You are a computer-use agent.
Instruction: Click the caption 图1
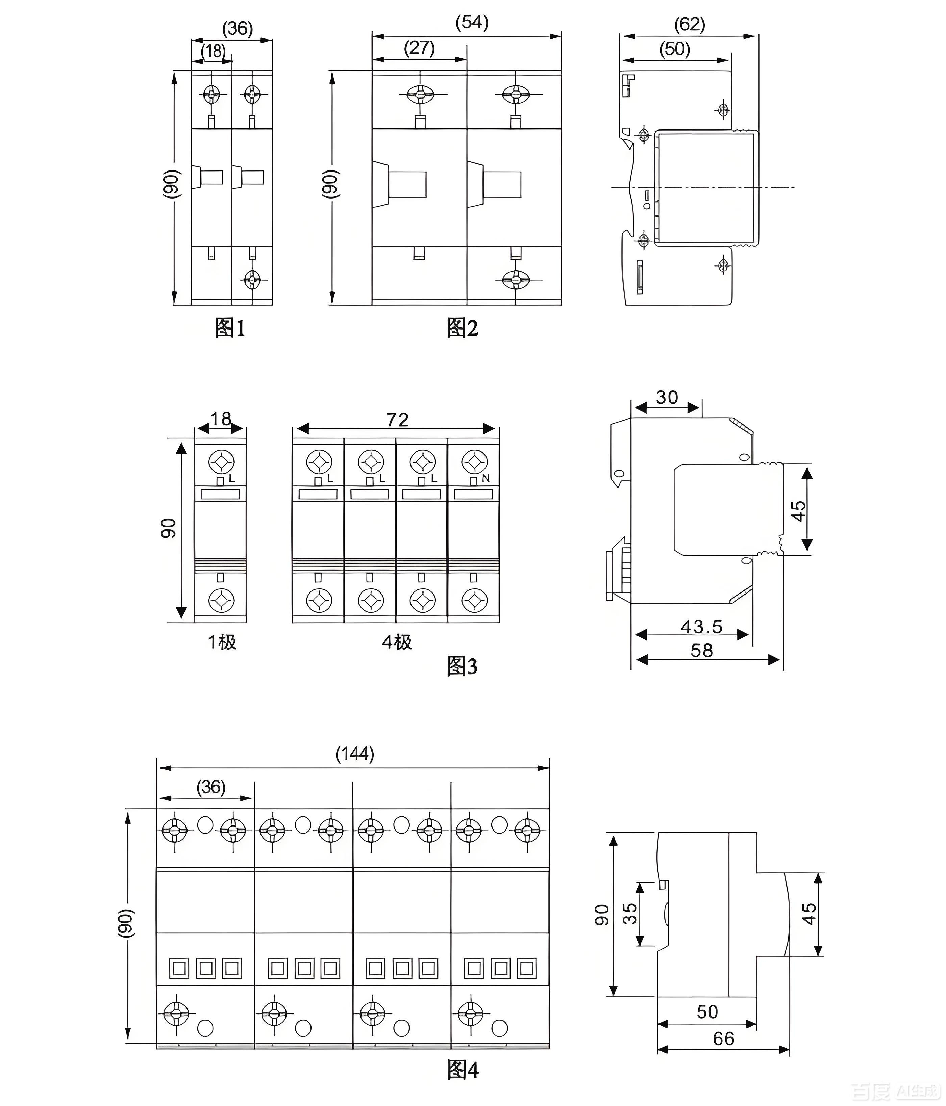(x=230, y=328)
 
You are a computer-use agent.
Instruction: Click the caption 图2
(x=462, y=328)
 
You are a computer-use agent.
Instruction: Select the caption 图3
(x=462, y=666)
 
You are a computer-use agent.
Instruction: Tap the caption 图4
(x=463, y=1070)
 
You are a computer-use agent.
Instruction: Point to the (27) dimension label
(x=419, y=48)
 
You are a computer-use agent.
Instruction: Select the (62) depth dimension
(x=690, y=24)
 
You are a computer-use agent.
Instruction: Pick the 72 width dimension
(x=397, y=420)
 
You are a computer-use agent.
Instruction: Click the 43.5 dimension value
(x=701, y=627)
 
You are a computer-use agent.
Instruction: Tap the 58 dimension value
(x=701, y=651)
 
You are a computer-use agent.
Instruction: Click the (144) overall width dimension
(x=355, y=754)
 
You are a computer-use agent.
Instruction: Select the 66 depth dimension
(x=723, y=1039)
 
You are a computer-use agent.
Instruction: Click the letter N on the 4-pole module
(x=486, y=479)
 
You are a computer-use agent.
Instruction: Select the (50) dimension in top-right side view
(x=675, y=49)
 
